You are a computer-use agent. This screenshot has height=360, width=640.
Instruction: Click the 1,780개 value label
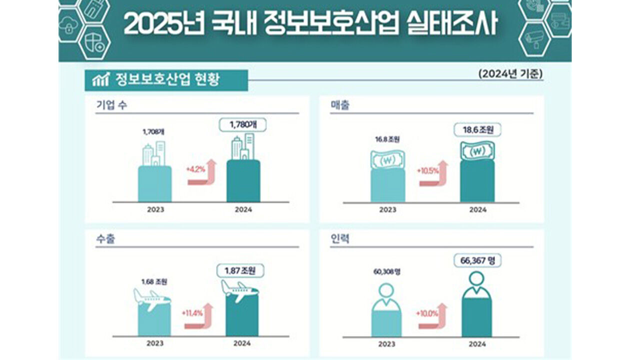(x=243, y=124)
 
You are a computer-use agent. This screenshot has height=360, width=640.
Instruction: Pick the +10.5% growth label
(x=427, y=170)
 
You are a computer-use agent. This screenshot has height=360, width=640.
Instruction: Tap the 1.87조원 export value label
(x=240, y=270)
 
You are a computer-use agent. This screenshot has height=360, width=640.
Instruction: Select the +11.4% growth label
(x=191, y=313)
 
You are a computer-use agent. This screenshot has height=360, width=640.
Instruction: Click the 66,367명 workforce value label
(x=477, y=260)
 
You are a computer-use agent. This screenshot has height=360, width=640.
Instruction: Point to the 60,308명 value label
(x=386, y=271)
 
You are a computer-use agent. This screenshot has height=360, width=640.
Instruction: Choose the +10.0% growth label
(x=426, y=313)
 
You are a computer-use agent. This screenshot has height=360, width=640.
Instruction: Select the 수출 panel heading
(x=105, y=238)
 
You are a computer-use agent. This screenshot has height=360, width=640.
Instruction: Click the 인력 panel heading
(x=340, y=238)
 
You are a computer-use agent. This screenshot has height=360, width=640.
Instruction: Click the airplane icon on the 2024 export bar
(x=240, y=290)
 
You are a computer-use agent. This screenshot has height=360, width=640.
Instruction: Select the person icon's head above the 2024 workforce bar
(x=476, y=279)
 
